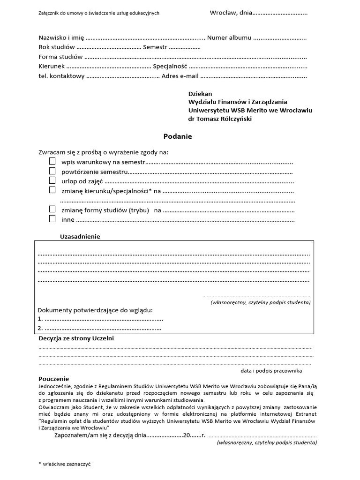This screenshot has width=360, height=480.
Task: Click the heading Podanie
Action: [x=178, y=136]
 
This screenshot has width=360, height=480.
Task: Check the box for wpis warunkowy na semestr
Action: [x=52, y=162]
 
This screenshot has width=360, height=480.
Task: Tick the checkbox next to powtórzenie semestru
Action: [x=52, y=171]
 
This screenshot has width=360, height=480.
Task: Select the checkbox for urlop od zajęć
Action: [x=52, y=180]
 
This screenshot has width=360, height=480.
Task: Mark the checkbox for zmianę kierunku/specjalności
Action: [x=52, y=190]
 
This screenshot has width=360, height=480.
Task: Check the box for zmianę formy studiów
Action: [x=52, y=210]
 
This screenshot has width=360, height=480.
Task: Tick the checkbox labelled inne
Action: [x=52, y=219]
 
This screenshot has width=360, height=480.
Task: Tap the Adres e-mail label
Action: [x=180, y=76]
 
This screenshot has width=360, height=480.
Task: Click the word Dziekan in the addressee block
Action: [x=200, y=93]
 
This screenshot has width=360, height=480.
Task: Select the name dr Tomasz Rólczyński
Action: [x=220, y=119]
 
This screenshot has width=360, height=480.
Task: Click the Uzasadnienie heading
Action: [x=80, y=236]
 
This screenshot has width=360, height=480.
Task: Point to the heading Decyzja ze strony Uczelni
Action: [x=76, y=338]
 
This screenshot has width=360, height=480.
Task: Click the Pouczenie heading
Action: [x=53, y=379]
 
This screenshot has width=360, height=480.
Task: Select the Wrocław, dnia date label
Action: [x=231, y=13]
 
